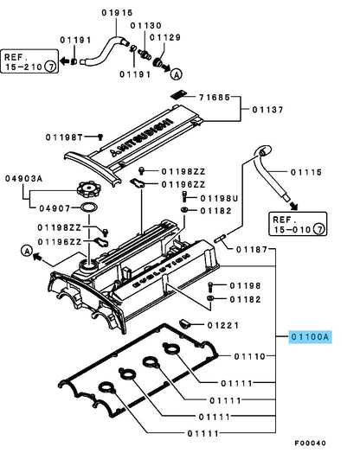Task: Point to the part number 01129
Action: click(166, 37)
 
